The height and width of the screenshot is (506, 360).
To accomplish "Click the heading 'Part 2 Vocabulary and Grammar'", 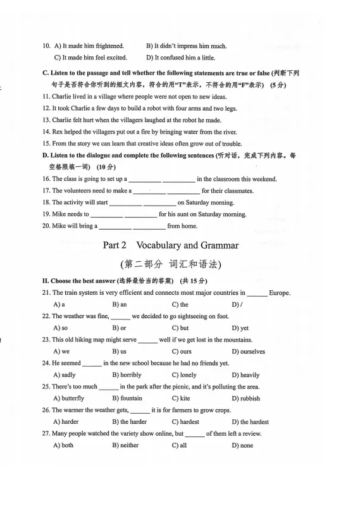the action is [171, 245].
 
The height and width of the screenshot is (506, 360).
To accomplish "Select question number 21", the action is [46, 293].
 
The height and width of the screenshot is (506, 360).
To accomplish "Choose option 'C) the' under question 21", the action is [180, 305].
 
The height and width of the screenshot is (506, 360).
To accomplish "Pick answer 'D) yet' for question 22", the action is [240, 328].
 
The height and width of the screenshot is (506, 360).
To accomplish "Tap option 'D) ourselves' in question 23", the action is [248, 352].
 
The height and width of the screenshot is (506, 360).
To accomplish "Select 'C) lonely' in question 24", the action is [183, 375].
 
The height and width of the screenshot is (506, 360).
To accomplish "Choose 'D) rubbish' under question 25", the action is [245, 398].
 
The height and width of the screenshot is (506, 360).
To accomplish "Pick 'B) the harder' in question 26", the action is [129, 422].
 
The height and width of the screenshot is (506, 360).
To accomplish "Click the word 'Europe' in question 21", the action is [280, 293].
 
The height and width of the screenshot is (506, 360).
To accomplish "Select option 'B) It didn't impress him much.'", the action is [186, 46].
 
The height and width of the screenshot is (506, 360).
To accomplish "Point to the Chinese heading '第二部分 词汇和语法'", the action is [171, 264].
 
